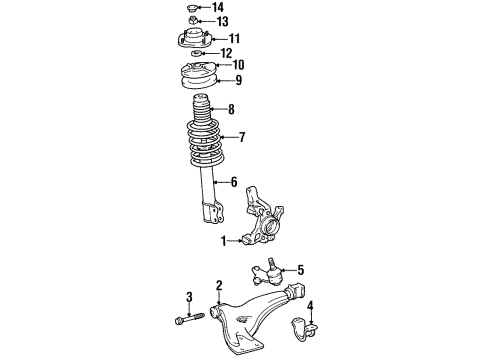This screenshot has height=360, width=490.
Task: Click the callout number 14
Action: [x=218, y=7]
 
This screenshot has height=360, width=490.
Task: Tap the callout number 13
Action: [x=222, y=22]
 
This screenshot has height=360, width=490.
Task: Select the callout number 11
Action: [x=234, y=38]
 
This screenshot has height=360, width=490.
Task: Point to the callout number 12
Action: [x=226, y=53]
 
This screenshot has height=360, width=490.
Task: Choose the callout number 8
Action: [x=231, y=109]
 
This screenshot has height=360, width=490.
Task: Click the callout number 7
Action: [x=242, y=137]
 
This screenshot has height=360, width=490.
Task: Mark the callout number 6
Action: [x=234, y=182]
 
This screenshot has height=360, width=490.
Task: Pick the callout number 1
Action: [x=224, y=241]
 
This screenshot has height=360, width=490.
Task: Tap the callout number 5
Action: [x=301, y=270]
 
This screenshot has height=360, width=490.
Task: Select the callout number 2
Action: [x=219, y=286]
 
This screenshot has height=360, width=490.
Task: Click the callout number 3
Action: [x=189, y=296]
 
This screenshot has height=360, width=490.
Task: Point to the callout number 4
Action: [x=310, y=306]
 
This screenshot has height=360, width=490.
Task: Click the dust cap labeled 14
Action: [x=191, y=7]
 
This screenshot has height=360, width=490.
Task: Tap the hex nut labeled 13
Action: [x=192, y=20]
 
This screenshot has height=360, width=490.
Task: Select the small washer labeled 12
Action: [x=196, y=53]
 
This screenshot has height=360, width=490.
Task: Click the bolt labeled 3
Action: [x=189, y=318]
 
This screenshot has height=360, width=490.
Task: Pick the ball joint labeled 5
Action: [x=267, y=272]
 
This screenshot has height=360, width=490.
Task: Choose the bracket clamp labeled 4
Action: [x=304, y=329]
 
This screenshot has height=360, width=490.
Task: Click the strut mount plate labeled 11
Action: [x=194, y=39]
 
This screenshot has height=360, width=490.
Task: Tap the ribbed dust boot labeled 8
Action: [x=201, y=112]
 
